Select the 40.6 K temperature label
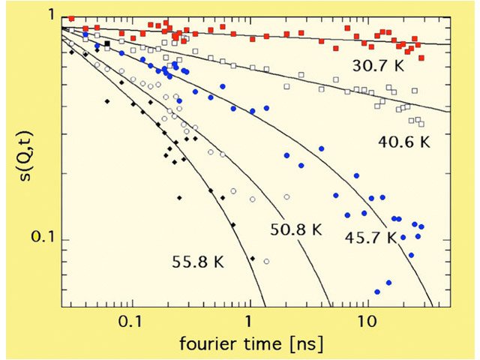[402, 140]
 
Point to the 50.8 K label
[295, 229]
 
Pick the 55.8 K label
[198, 262]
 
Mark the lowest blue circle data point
[376, 292]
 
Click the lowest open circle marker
[266, 261]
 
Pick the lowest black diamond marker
[253, 259]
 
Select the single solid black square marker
[107, 44]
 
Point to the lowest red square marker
[421, 57]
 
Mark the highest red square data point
[71, 18]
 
